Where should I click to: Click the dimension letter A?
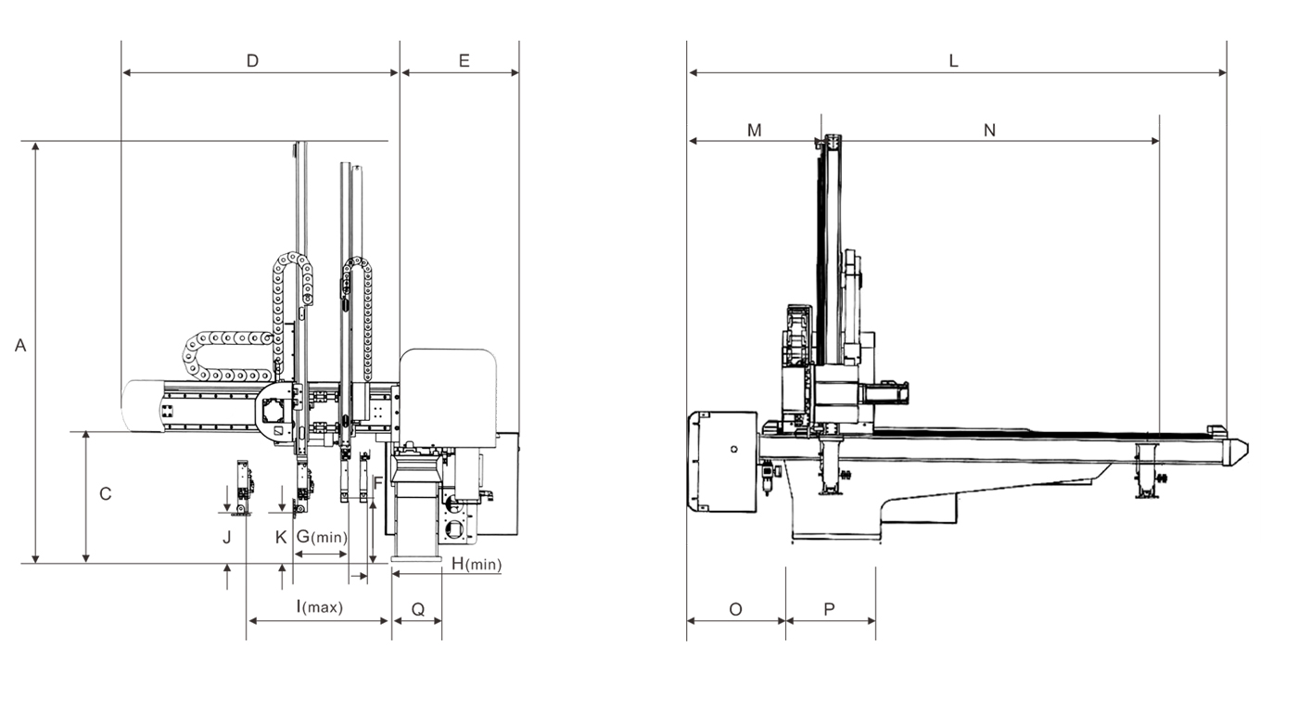click(x=20, y=346)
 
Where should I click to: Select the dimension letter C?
click(x=106, y=494)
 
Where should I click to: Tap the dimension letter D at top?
click(x=252, y=61)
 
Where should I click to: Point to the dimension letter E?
click(x=464, y=61)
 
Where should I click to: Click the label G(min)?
click(x=322, y=537)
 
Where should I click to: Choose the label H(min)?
click(x=476, y=563)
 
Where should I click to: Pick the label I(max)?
click(x=319, y=608)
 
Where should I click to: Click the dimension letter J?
click(x=225, y=537)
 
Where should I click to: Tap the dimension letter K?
click(x=281, y=537)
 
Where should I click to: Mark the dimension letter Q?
click(x=417, y=609)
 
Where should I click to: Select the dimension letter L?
click(x=953, y=61)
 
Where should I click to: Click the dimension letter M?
click(x=754, y=131)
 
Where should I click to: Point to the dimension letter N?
click(x=989, y=131)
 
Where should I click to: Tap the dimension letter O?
click(x=735, y=609)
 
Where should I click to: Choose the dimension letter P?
click(x=830, y=609)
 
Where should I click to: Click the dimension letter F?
click(x=377, y=483)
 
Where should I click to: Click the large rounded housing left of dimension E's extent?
click(x=450, y=394)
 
